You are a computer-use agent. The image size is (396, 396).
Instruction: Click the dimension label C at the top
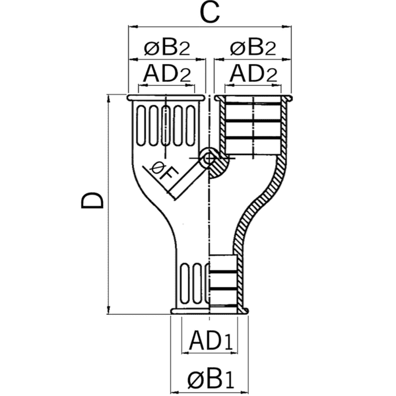tap(210, 13)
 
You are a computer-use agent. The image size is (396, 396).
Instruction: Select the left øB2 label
tap(167, 48)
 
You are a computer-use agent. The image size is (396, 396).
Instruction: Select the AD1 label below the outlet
tap(210, 341)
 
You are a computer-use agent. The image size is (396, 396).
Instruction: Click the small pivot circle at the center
tap(209, 158)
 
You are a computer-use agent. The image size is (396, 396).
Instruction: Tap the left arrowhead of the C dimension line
tap(131, 27)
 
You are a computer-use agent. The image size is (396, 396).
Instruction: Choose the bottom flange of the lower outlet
tap(210, 310)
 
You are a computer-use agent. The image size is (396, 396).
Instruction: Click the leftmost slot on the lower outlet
tap(183, 282)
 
